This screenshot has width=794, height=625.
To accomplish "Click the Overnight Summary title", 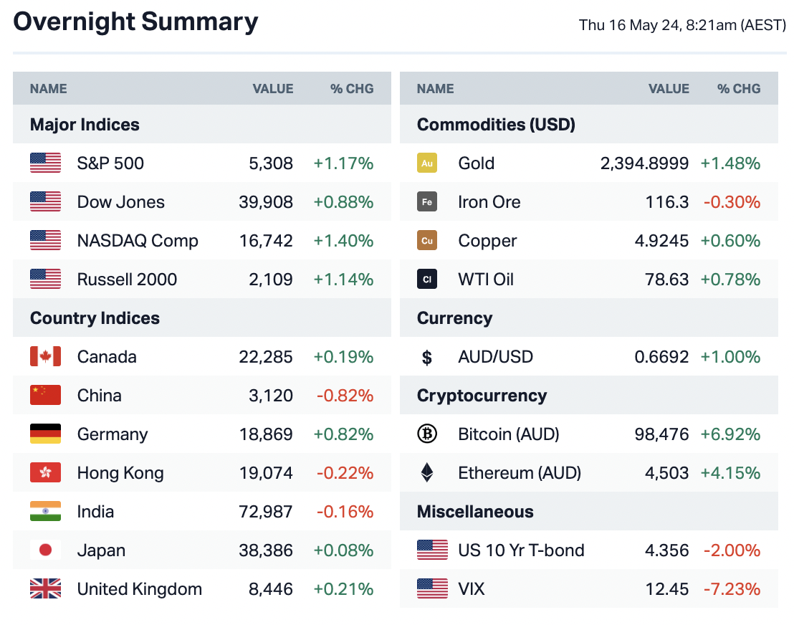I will pyautogui.click(x=135, y=22).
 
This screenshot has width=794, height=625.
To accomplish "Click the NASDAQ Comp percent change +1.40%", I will pyautogui.click(x=343, y=241).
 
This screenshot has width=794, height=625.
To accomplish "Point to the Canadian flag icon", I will pyautogui.click(x=45, y=357).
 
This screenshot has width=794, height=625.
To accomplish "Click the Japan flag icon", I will pyautogui.click(x=45, y=550).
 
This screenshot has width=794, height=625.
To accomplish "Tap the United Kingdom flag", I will pyautogui.click(x=45, y=589).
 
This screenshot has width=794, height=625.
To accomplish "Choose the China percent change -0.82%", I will pyautogui.click(x=345, y=396).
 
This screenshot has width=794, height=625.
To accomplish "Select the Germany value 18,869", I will pyautogui.click(x=265, y=434).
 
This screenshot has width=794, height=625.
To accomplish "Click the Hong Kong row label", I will pyautogui.click(x=120, y=473).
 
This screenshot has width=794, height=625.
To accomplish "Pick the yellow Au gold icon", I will pyautogui.click(x=427, y=163).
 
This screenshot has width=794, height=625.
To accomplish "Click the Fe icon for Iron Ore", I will pyautogui.click(x=427, y=202).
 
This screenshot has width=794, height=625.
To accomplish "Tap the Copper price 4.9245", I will pyautogui.click(x=661, y=241).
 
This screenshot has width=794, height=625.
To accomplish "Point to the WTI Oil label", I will pyautogui.click(x=486, y=280).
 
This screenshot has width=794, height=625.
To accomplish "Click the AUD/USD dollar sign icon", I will pyautogui.click(x=427, y=357).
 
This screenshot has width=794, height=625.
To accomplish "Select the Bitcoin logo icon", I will pyautogui.click(x=427, y=434).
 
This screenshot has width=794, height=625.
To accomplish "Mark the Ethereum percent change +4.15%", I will pyautogui.click(x=730, y=473).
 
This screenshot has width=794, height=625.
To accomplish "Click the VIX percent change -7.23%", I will pyautogui.click(x=732, y=589).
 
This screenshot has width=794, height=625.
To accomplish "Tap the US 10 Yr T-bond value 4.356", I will pyautogui.click(x=666, y=550).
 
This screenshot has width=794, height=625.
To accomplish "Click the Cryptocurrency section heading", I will pyautogui.click(x=482, y=396).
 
